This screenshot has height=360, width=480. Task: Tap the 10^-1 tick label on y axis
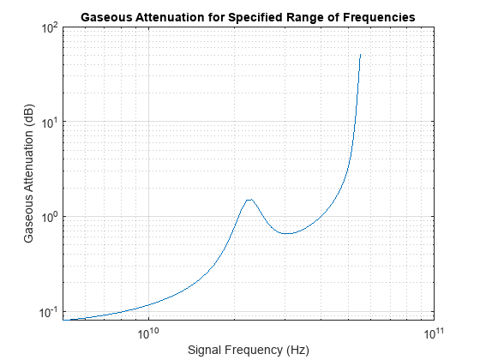(47, 311)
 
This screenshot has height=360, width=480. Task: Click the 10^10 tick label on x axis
(149, 333)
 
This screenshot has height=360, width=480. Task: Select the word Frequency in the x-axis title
(252, 350)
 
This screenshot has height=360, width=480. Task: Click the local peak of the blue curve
(249, 200)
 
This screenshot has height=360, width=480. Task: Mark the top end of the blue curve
(361, 55)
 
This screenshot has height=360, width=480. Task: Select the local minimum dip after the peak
(287, 233)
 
